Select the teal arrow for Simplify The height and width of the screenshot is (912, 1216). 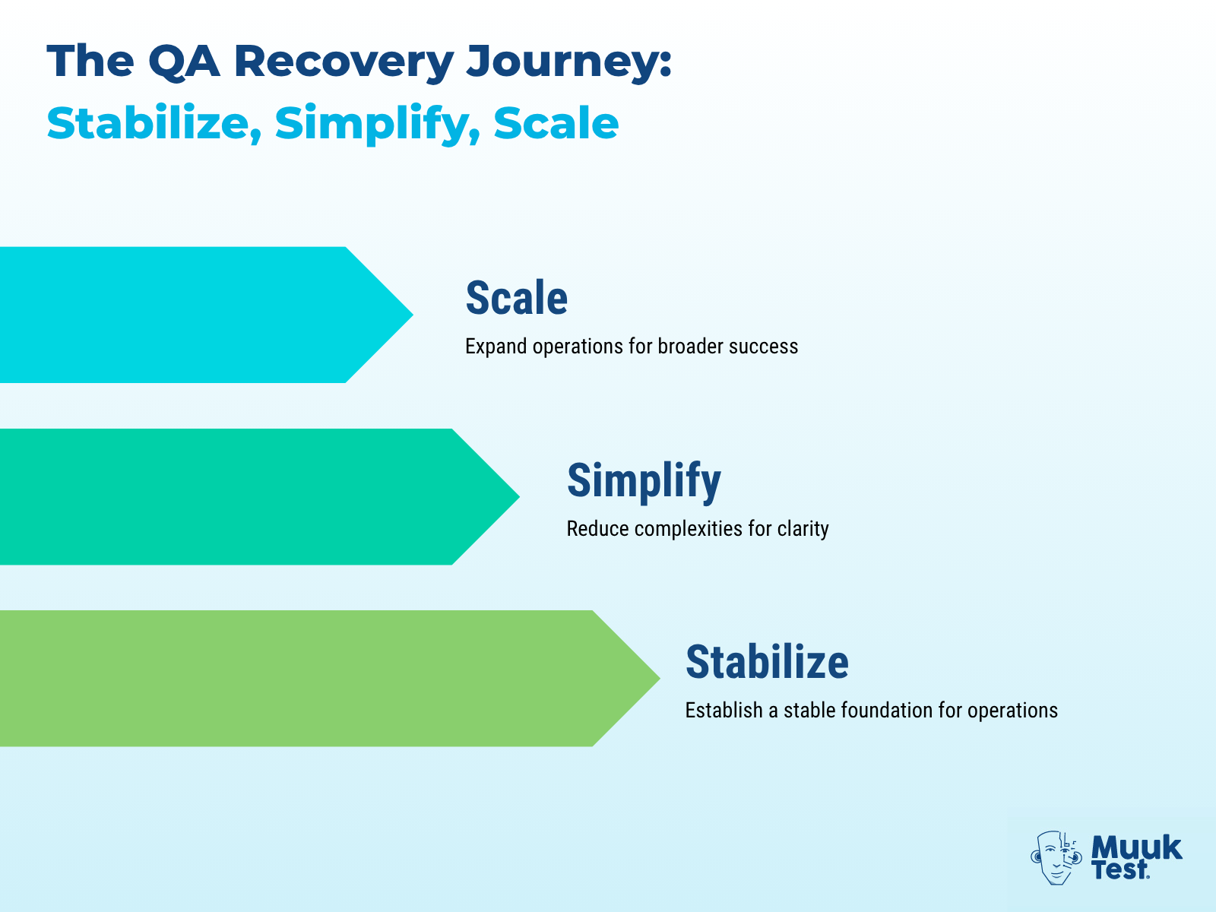click(243, 497)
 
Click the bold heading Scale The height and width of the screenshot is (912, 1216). click(516, 298)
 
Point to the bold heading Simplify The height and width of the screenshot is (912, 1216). click(644, 481)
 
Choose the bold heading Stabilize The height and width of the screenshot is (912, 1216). click(767, 662)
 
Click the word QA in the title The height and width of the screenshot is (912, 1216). click(183, 61)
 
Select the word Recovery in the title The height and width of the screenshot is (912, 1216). click(344, 61)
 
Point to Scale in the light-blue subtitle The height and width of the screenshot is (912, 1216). click(556, 123)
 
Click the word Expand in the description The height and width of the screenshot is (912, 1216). click(496, 347)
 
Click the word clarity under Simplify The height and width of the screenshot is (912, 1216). click(803, 529)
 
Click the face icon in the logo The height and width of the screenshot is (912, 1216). click(1056, 857)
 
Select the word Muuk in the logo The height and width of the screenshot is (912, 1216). click(1136, 847)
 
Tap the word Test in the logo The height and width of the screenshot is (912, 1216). click(1119, 870)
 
